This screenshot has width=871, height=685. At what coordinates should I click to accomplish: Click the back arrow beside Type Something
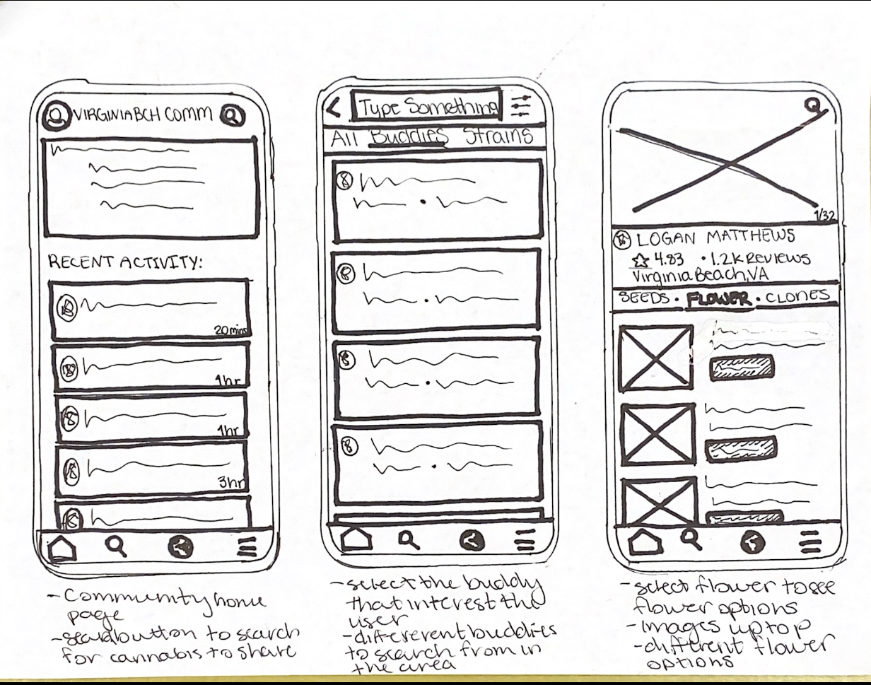click(x=334, y=108)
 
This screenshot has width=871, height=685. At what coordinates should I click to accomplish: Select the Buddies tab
click(x=409, y=136)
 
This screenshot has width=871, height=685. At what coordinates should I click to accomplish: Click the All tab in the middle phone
click(x=345, y=138)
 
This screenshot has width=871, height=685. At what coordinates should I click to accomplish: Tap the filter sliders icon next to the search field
click(x=521, y=106)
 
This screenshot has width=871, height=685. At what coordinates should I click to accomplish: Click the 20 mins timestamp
click(x=228, y=330)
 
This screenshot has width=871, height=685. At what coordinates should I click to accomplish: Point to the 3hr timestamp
click(x=230, y=483)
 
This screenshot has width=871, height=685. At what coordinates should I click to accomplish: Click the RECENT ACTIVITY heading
click(x=124, y=262)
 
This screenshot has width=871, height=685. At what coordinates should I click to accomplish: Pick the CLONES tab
click(x=797, y=296)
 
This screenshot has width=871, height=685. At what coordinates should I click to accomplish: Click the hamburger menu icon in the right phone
click(x=810, y=542)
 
